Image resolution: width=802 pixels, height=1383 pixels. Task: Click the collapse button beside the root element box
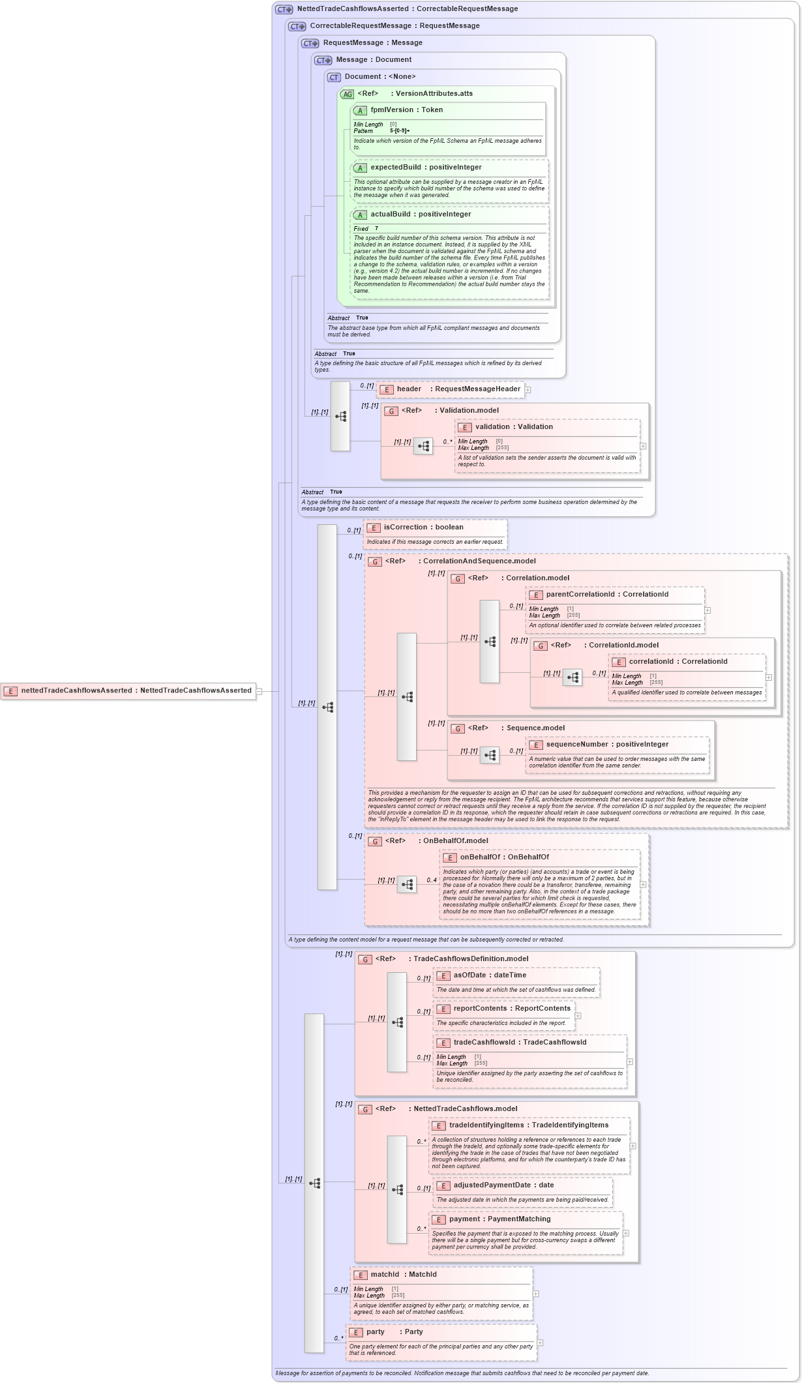tap(259, 691)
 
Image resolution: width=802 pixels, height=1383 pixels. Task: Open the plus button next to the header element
tap(527, 390)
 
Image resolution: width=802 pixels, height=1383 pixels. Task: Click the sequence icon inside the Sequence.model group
tap(490, 755)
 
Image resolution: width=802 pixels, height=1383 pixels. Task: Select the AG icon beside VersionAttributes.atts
tap(347, 95)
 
